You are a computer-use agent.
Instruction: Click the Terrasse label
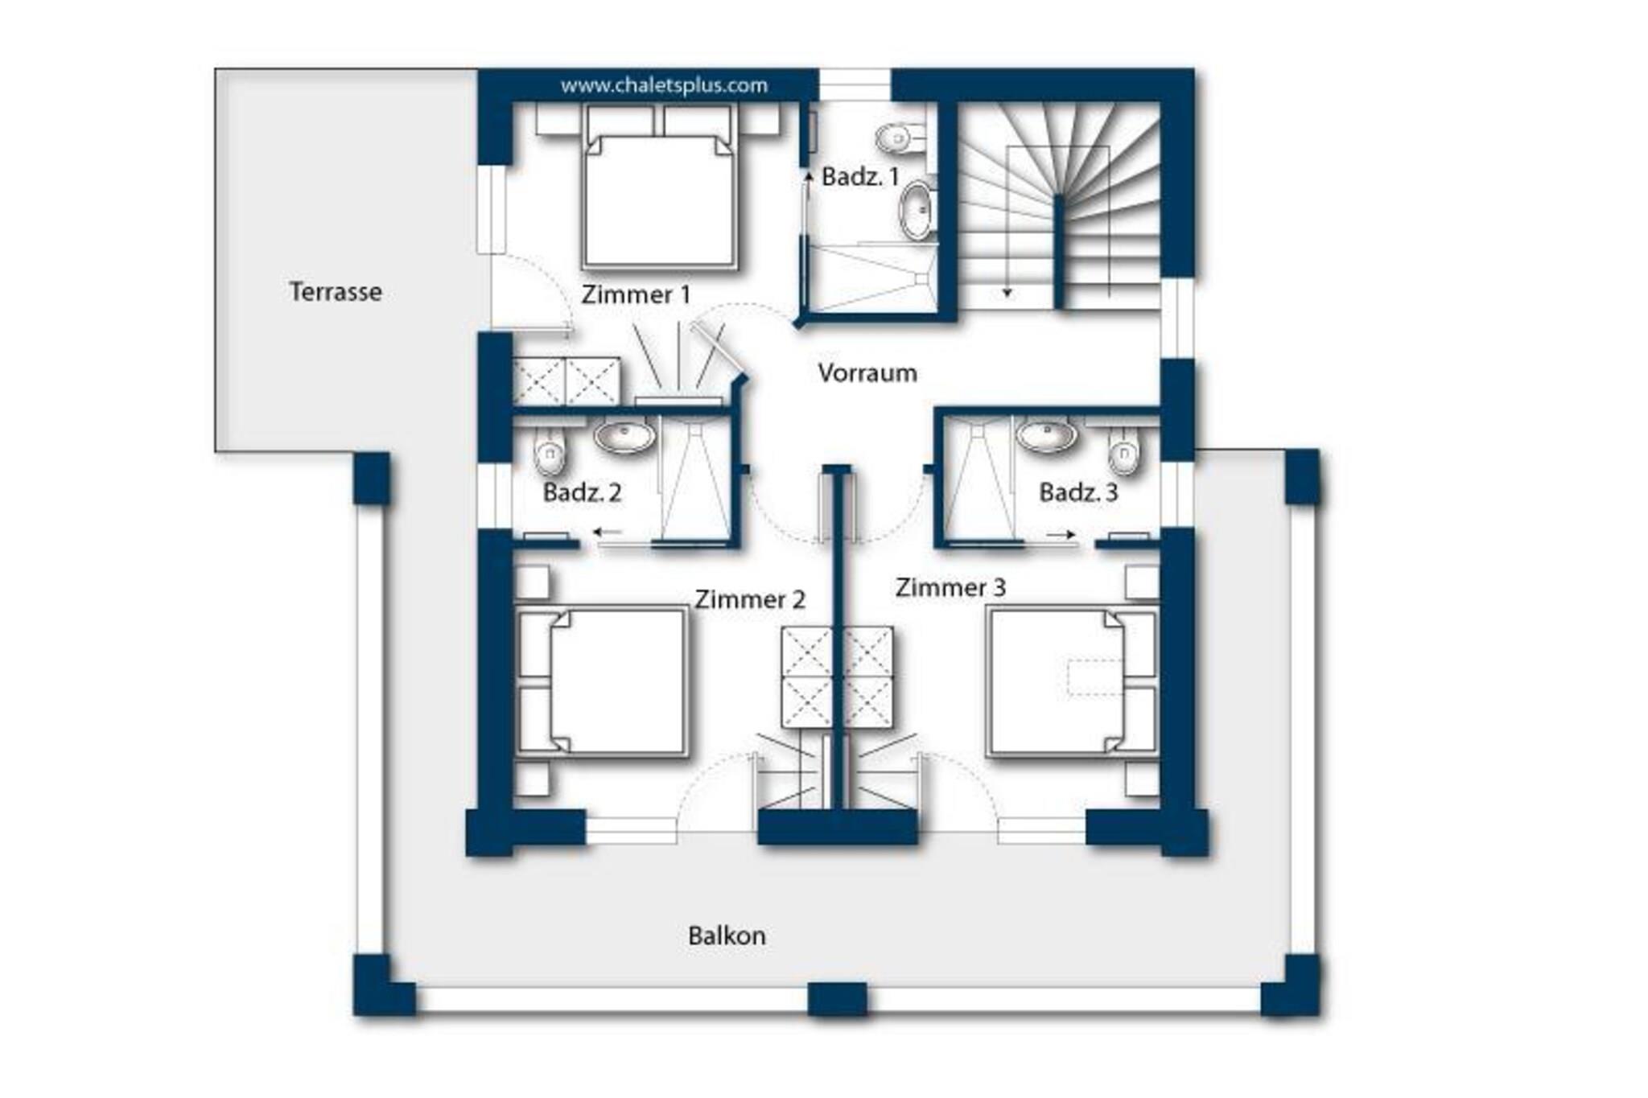click(x=336, y=291)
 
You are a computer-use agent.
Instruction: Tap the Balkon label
click(x=727, y=936)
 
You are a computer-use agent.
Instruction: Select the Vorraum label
click(x=867, y=372)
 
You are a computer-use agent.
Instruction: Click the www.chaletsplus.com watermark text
click(x=664, y=85)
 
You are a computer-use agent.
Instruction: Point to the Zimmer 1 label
click(x=636, y=294)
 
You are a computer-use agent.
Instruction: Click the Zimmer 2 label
click(x=750, y=599)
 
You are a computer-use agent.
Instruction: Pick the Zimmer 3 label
click(x=950, y=587)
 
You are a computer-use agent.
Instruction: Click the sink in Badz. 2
click(x=624, y=437)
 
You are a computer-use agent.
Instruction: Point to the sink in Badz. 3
click(x=1046, y=436)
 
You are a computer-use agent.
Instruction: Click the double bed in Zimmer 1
click(x=658, y=200)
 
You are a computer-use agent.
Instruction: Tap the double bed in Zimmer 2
click(x=602, y=682)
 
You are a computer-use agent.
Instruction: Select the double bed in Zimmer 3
click(x=1072, y=682)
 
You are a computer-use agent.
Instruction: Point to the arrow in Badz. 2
click(x=608, y=532)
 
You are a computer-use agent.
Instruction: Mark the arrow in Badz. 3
click(x=1061, y=534)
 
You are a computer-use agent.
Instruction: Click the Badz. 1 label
click(x=860, y=177)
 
